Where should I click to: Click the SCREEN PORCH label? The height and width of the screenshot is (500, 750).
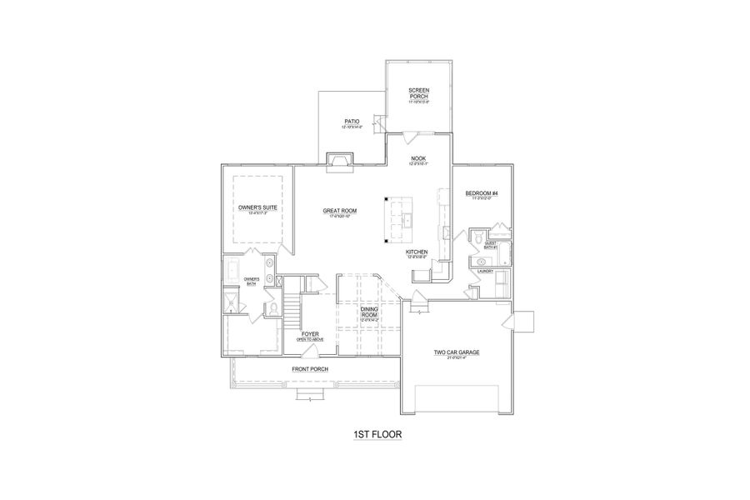(417, 93)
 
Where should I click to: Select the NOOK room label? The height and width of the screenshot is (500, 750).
(417, 157)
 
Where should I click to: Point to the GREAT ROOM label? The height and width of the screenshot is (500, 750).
(340, 211)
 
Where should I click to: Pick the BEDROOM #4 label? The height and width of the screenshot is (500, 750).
(481, 194)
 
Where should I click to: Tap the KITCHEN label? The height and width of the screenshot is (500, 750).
(417, 251)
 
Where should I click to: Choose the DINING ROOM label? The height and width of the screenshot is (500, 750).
(370, 312)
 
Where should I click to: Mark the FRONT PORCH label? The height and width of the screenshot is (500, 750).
(309, 369)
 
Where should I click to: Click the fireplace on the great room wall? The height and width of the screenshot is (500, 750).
(338, 160)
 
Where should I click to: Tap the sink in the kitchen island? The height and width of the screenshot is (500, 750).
(410, 219)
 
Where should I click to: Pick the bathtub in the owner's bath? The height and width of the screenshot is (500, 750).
(232, 271)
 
